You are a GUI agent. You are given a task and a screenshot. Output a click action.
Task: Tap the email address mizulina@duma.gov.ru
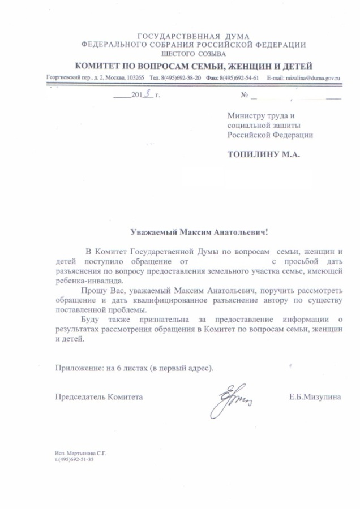click(x=311, y=77)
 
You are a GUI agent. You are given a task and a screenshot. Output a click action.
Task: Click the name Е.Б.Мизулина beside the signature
click(x=315, y=397)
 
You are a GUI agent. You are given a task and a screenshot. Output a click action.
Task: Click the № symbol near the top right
click(x=245, y=95)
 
